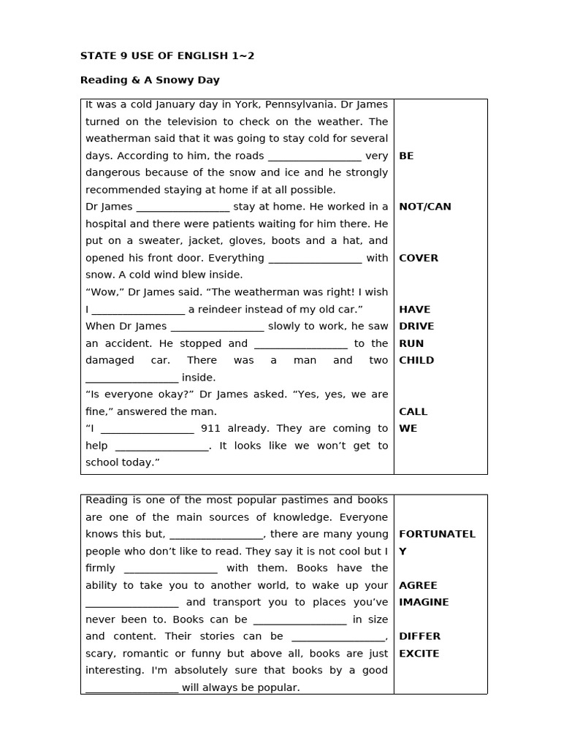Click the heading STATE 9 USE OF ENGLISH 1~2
tap(167, 56)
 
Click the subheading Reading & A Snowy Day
tap(150, 80)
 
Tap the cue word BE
tap(406, 156)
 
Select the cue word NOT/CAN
tap(425, 207)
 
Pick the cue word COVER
tap(419, 258)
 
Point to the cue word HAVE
tap(414, 310)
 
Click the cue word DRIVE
tap(416, 327)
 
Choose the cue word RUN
tap(411, 343)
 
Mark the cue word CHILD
tap(416, 360)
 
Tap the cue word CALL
tap(413, 412)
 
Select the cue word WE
tap(408, 429)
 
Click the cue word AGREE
tap(418, 585)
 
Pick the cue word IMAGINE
tap(424, 603)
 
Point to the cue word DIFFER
tap(419, 636)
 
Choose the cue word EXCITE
tap(419, 654)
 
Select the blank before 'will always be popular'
tap(131, 688)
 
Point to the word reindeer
tap(223, 310)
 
